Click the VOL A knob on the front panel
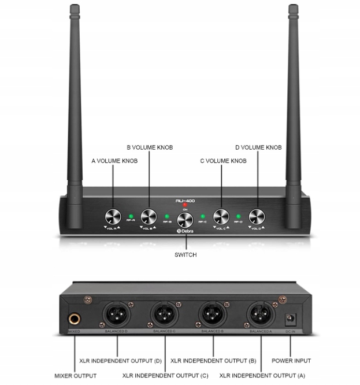pos(113,217)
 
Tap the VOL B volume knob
pos(149,217)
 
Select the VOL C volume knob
pos(221,217)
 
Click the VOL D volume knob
pos(257,217)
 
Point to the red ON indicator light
pos(185,205)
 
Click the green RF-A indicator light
pos(131,217)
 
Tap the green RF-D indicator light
pos(239,217)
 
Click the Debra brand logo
pos(185,231)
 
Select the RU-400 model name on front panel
pos(185,200)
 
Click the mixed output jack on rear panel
pos(75,319)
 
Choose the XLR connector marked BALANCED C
pos(164,316)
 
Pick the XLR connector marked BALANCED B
pos(213,316)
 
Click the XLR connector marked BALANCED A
pos(261,316)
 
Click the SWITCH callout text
pos(185,254)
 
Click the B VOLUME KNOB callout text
pos(150,147)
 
